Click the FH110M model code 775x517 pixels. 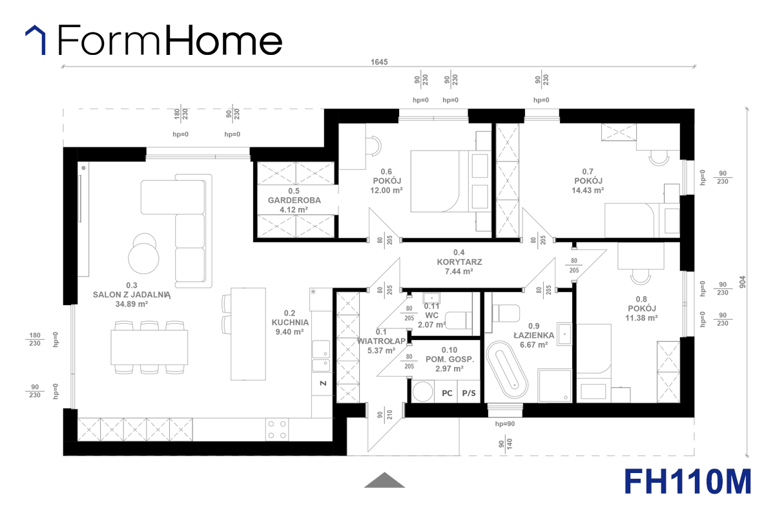pos(688,481)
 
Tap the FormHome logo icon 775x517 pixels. pos(36,40)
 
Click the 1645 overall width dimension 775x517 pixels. pos(379,62)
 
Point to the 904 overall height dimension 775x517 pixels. pos(743,282)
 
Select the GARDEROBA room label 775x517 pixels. pos(294,200)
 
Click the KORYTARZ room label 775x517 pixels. pos(459,262)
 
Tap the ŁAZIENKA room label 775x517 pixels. pos(534,335)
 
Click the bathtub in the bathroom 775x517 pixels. pos(507,370)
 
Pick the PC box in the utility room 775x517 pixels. pos(447,392)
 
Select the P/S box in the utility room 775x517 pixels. pos(469,392)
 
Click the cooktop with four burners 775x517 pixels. pos(277,429)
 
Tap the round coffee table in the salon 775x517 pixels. pos(143,258)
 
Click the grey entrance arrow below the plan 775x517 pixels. pos(384,480)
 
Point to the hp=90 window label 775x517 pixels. pos(505,424)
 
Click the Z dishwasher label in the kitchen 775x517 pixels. pos(323,383)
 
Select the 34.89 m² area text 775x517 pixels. pos(132,304)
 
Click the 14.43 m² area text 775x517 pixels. pos(588,190)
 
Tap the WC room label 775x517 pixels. pos(431,315)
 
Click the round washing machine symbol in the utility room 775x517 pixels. pos(422,392)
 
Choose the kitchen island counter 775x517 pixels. pos(248,334)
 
